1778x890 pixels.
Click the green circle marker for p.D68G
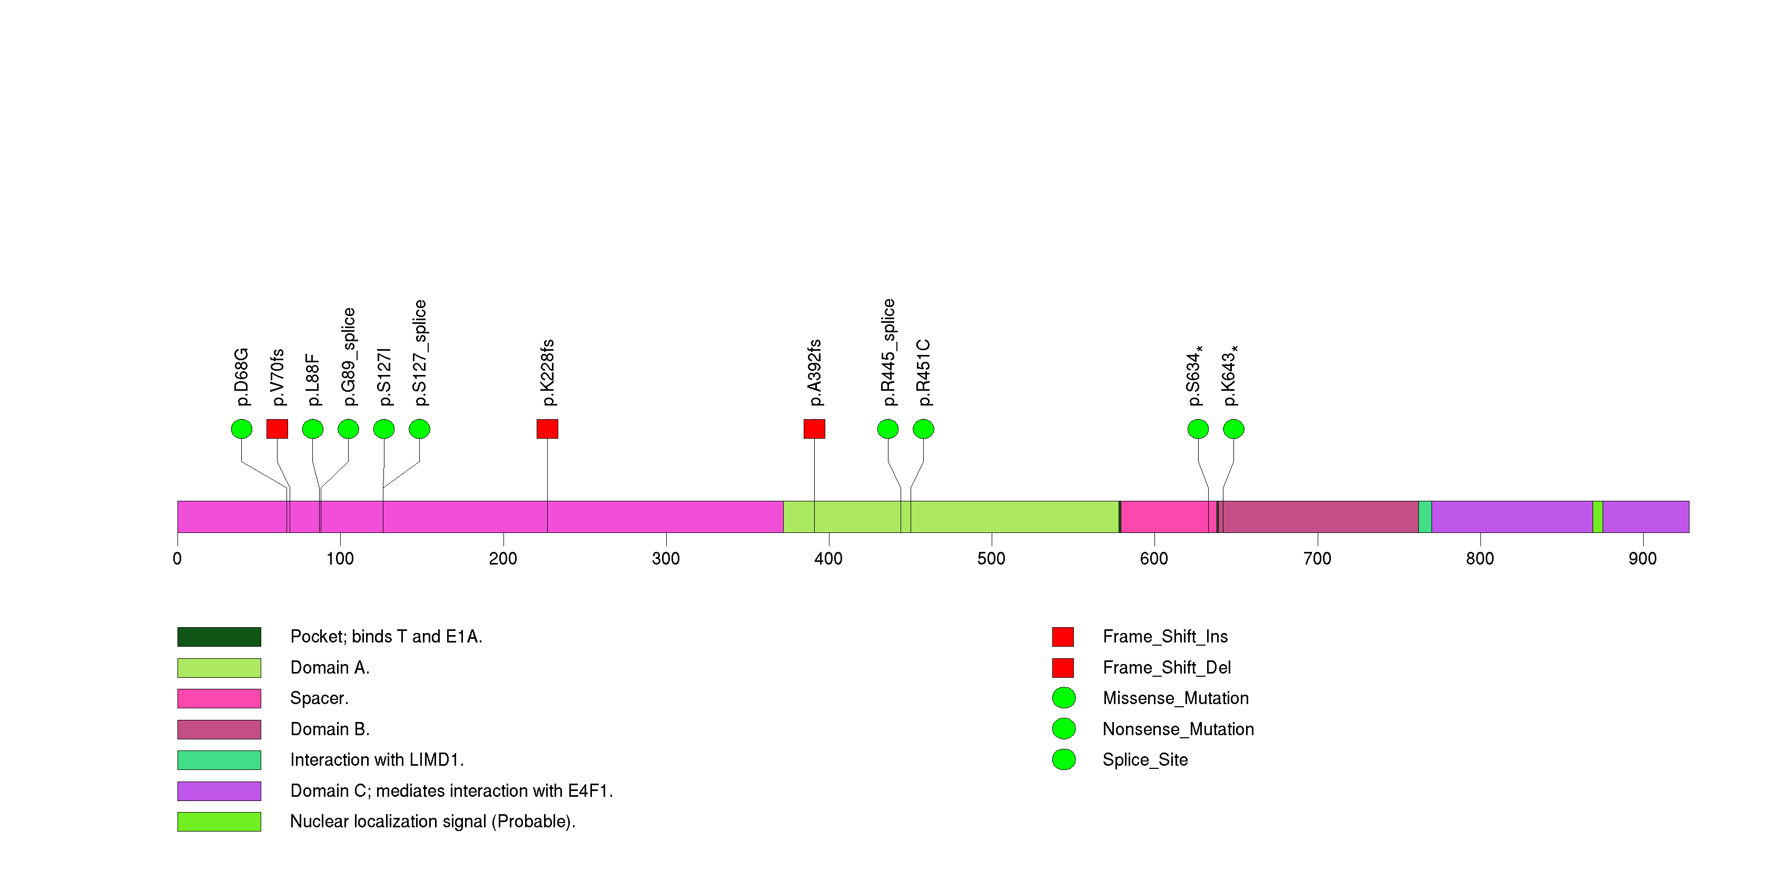click(242, 429)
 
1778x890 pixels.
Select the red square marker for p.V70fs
click(278, 429)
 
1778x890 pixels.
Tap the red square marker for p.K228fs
click(547, 429)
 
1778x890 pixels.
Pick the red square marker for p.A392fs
click(814, 429)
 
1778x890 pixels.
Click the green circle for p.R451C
click(924, 429)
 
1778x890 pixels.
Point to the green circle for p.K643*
click(1233, 429)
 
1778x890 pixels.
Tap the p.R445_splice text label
click(889, 352)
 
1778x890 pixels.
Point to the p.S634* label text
click(1195, 376)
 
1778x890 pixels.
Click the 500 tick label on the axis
click(991, 559)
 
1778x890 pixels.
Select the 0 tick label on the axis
click(177, 559)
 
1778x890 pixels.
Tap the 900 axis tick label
click(1642, 559)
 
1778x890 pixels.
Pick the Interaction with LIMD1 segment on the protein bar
click(1425, 517)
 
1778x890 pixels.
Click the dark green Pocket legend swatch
click(219, 637)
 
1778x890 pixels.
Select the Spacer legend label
click(319, 698)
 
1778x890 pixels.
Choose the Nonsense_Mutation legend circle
click(1064, 728)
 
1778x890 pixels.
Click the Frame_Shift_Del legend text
click(1167, 668)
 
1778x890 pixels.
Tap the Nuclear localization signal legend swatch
click(219, 822)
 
